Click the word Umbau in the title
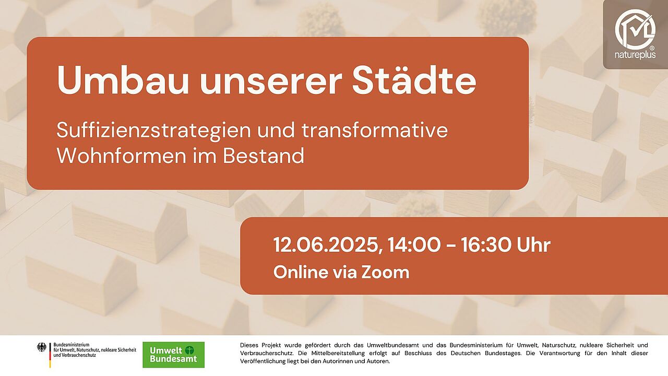pyautogui.click(x=123, y=80)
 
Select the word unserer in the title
pyautogui.click(x=271, y=83)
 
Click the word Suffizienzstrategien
pyautogui.click(x=154, y=131)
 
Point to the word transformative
pyautogui.click(x=375, y=130)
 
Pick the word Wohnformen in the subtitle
pyautogui.click(x=122, y=156)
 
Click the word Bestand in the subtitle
pyautogui.click(x=264, y=156)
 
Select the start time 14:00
pyautogui.click(x=414, y=245)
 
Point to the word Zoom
pyautogui.click(x=385, y=273)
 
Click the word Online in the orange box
pyautogui.click(x=301, y=273)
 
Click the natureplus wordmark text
pyautogui.click(x=635, y=55)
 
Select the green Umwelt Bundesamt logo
pyautogui.click(x=174, y=355)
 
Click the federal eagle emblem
pyautogui.click(x=42, y=347)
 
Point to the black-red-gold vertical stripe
pyautogui.click(x=50, y=355)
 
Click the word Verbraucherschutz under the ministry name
pyautogui.click(x=79, y=356)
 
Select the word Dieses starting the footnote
pyautogui.click(x=249, y=345)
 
